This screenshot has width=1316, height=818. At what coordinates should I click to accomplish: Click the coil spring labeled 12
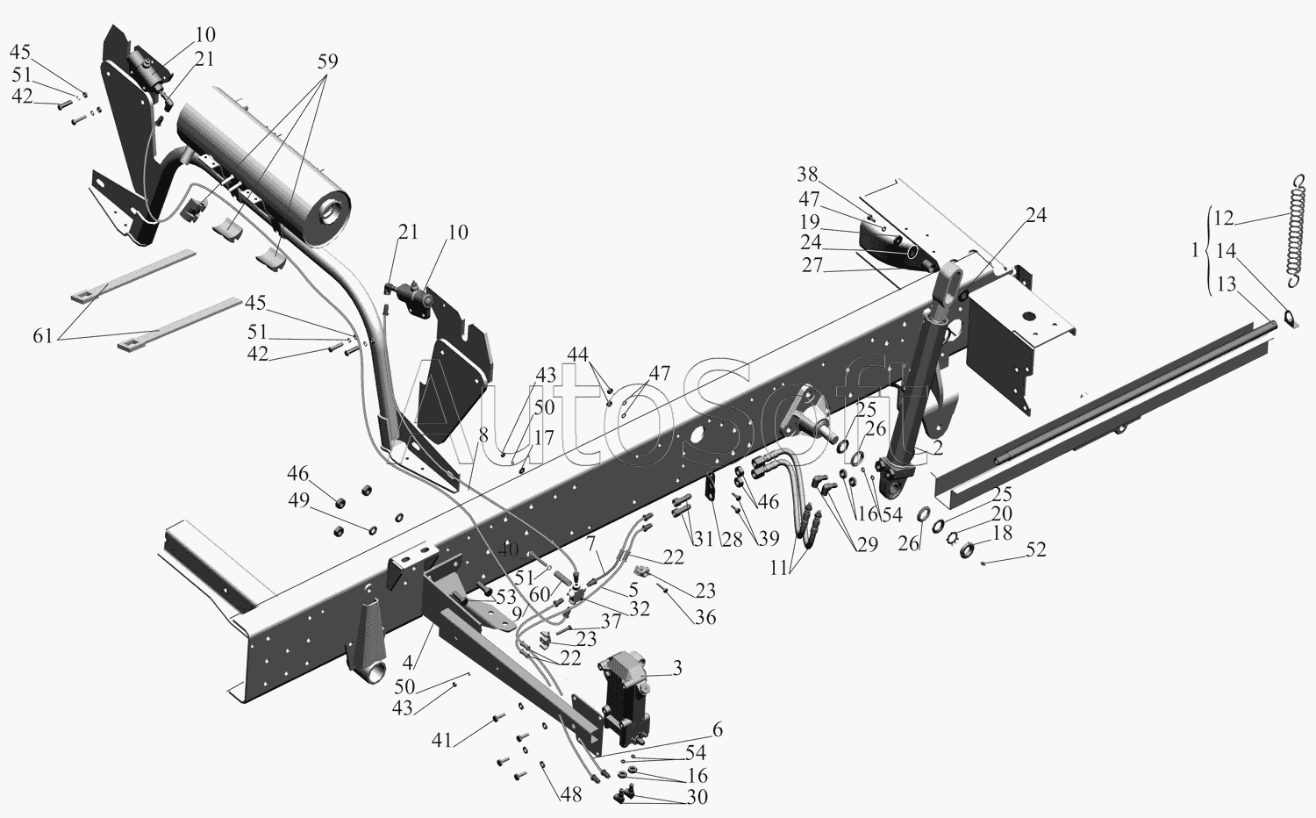tap(1298, 232)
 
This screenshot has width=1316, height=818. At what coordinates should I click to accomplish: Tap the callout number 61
tap(42, 336)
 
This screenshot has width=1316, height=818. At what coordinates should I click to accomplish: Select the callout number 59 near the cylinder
tap(328, 61)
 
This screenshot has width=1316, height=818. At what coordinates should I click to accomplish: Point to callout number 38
tap(807, 174)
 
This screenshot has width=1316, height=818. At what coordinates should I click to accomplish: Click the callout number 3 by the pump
tap(676, 668)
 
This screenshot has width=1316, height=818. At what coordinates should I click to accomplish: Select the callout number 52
tap(1036, 549)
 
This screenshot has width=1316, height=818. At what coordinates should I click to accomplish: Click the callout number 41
tap(442, 740)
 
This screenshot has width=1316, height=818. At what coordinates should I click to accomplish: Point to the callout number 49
tap(298, 500)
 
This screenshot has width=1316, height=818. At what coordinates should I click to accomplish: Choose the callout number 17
tap(544, 438)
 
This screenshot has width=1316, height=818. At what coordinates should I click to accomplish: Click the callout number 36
tap(705, 617)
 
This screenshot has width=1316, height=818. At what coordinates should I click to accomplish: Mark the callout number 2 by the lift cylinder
tap(937, 448)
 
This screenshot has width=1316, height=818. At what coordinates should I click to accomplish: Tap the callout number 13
tap(1227, 283)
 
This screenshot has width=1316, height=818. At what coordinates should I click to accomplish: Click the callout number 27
tap(812, 265)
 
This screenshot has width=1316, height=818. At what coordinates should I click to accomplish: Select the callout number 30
tap(697, 797)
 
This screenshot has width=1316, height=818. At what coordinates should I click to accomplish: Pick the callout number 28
tap(732, 539)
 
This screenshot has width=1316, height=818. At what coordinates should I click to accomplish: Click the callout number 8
tap(483, 434)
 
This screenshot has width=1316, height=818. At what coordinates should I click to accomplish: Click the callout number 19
tap(810, 221)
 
